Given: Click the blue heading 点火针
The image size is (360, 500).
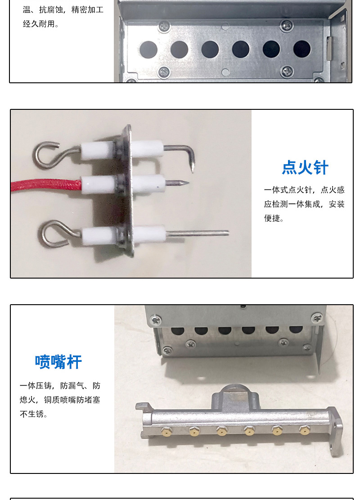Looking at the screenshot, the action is [305, 167].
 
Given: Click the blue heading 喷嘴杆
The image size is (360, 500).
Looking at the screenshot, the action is [58, 362].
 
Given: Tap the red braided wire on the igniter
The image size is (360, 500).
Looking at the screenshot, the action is [45, 185].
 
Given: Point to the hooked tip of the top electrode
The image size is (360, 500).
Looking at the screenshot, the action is [192, 165].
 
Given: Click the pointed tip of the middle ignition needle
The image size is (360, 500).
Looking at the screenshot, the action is [188, 183].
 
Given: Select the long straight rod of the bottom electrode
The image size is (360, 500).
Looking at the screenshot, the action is [197, 233].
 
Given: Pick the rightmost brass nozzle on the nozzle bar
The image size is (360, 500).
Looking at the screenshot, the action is [304, 431].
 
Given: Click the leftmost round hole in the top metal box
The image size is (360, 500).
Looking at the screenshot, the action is [148, 50].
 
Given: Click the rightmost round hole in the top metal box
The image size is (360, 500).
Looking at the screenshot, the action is [301, 49].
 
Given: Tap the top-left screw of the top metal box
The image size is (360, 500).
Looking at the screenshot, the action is [165, 27].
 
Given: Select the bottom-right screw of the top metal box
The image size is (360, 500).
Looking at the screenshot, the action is [287, 72].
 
